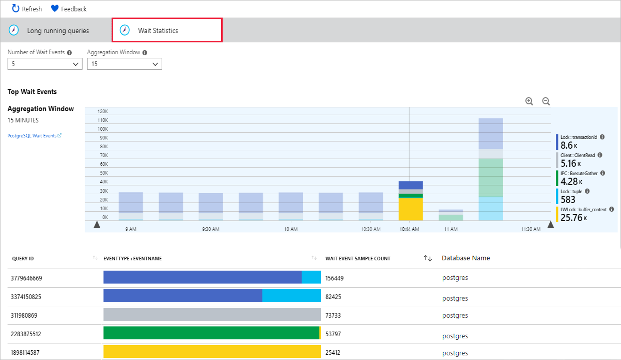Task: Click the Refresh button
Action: click(x=27, y=9)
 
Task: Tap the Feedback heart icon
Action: click(x=55, y=9)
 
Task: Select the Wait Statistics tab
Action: click(x=167, y=30)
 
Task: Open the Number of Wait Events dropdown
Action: click(x=45, y=64)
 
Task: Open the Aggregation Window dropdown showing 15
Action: click(x=125, y=64)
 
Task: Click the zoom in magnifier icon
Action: click(x=529, y=101)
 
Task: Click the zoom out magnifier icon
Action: click(x=546, y=101)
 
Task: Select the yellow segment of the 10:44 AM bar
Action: click(x=411, y=209)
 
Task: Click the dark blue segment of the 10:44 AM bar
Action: click(x=411, y=185)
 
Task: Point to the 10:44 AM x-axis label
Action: click(x=409, y=229)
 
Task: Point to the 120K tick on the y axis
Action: click(x=103, y=112)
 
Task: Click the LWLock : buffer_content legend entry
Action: click(x=583, y=210)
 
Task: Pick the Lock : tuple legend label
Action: click(x=571, y=192)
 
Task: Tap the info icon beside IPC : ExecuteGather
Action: click(x=602, y=173)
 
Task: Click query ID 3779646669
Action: click(x=26, y=278)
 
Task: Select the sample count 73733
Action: click(x=333, y=316)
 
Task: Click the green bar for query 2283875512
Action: click(x=211, y=333)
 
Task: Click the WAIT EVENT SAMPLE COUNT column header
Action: click(x=358, y=259)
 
